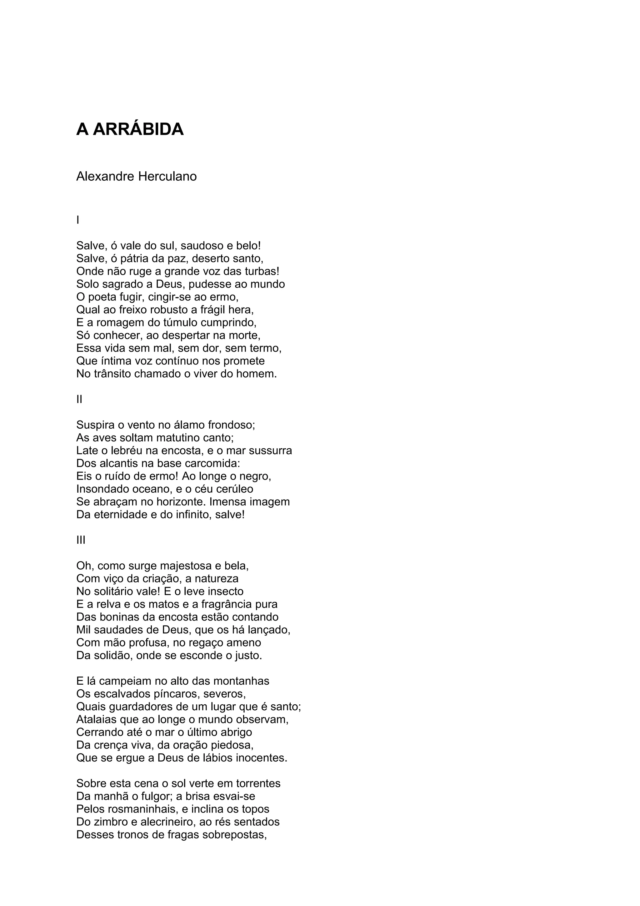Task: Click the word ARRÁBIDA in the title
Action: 138,129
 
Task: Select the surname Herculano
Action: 167,176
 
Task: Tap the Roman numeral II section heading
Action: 79,399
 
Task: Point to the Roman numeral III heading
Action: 81,540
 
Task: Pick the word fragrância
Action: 224,604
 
